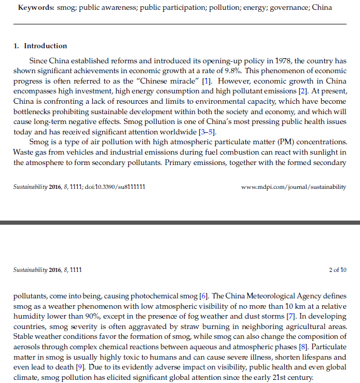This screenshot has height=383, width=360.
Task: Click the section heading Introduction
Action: (x=46, y=46)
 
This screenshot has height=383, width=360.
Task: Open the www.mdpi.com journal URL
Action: (x=294, y=187)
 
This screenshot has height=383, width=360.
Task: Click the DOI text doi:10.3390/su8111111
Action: (x=117, y=187)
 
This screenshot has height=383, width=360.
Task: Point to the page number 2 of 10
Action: (x=338, y=270)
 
